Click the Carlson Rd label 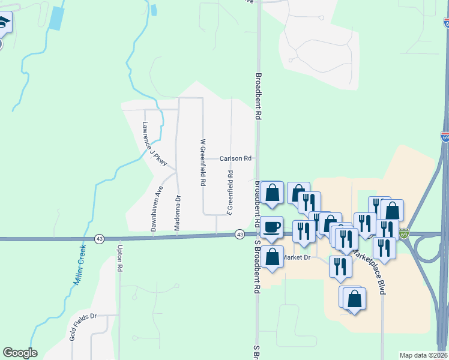tap(235, 159)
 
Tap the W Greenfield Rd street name tap(203, 162)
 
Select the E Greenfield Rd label tap(230, 192)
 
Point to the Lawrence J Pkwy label tap(154, 143)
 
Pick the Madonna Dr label tap(178, 212)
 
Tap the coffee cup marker tap(272, 227)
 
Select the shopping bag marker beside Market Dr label tap(272, 256)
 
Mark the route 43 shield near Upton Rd tap(98, 239)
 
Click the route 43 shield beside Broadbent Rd tap(240, 234)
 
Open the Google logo tap(20, 353)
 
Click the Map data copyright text tap(424, 355)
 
